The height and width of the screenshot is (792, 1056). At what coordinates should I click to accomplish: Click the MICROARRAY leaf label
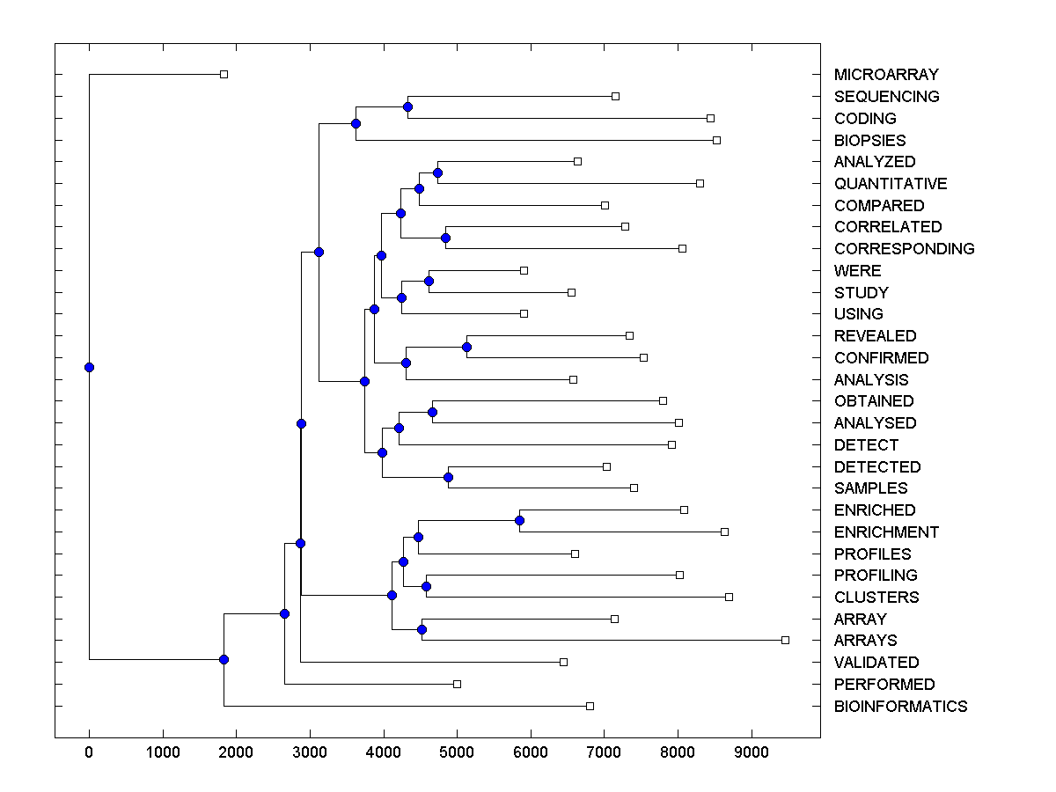click(x=886, y=75)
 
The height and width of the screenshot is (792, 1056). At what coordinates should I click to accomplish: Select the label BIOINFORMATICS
click(x=900, y=706)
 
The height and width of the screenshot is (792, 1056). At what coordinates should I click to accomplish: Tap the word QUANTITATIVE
click(x=891, y=184)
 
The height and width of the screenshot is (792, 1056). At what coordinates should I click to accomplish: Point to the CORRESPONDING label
click(x=904, y=249)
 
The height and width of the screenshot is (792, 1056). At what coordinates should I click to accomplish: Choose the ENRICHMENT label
click(x=886, y=532)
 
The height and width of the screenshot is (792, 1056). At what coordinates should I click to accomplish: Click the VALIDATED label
click(x=876, y=663)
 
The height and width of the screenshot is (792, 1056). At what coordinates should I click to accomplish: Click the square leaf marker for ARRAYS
click(x=785, y=640)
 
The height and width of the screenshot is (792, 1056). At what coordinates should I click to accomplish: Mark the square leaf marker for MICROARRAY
click(x=224, y=75)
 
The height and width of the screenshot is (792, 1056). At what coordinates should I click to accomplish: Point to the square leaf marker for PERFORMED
click(x=457, y=684)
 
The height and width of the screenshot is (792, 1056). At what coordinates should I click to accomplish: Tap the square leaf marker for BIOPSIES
click(x=716, y=140)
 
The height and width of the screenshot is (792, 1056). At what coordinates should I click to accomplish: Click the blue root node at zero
click(x=89, y=367)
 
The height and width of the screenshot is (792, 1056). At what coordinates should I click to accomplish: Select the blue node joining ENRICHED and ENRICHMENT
click(x=519, y=521)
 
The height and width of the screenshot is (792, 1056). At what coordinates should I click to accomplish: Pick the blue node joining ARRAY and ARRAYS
click(x=422, y=629)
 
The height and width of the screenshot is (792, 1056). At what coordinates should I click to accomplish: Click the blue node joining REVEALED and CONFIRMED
click(x=466, y=347)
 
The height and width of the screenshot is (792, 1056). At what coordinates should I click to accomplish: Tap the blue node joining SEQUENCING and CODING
click(x=407, y=107)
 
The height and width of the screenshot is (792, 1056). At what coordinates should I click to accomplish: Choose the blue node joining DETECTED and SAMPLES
click(x=448, y=477)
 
